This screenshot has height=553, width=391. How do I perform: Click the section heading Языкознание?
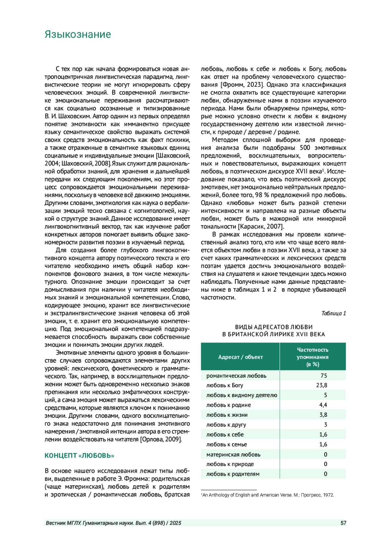[78, 35]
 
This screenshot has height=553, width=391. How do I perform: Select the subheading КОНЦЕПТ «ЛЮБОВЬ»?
[79, 455]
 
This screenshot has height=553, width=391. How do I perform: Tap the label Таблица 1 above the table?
[333, 313]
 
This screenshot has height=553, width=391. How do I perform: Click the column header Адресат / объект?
[240, 357]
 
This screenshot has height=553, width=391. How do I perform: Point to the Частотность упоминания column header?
[312, 357]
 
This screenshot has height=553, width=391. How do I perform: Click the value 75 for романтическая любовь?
[324, 376]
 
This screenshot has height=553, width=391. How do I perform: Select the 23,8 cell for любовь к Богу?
[322, 385]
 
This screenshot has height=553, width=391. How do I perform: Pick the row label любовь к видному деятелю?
[241, 395]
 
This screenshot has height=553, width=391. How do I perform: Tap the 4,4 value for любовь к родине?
[323, 405]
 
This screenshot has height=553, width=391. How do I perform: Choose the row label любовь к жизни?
[227, 415]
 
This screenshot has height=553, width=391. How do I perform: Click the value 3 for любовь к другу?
[325, 425]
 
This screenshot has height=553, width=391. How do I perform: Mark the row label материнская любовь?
[233, 454]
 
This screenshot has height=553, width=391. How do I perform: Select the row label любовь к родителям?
[233, 474]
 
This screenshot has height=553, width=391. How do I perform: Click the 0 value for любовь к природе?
[325, 464]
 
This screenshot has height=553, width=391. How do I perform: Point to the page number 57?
[343, 523]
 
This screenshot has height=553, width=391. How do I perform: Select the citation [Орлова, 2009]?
[161, 439]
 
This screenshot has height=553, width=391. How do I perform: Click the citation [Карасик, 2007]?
[261, 226]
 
